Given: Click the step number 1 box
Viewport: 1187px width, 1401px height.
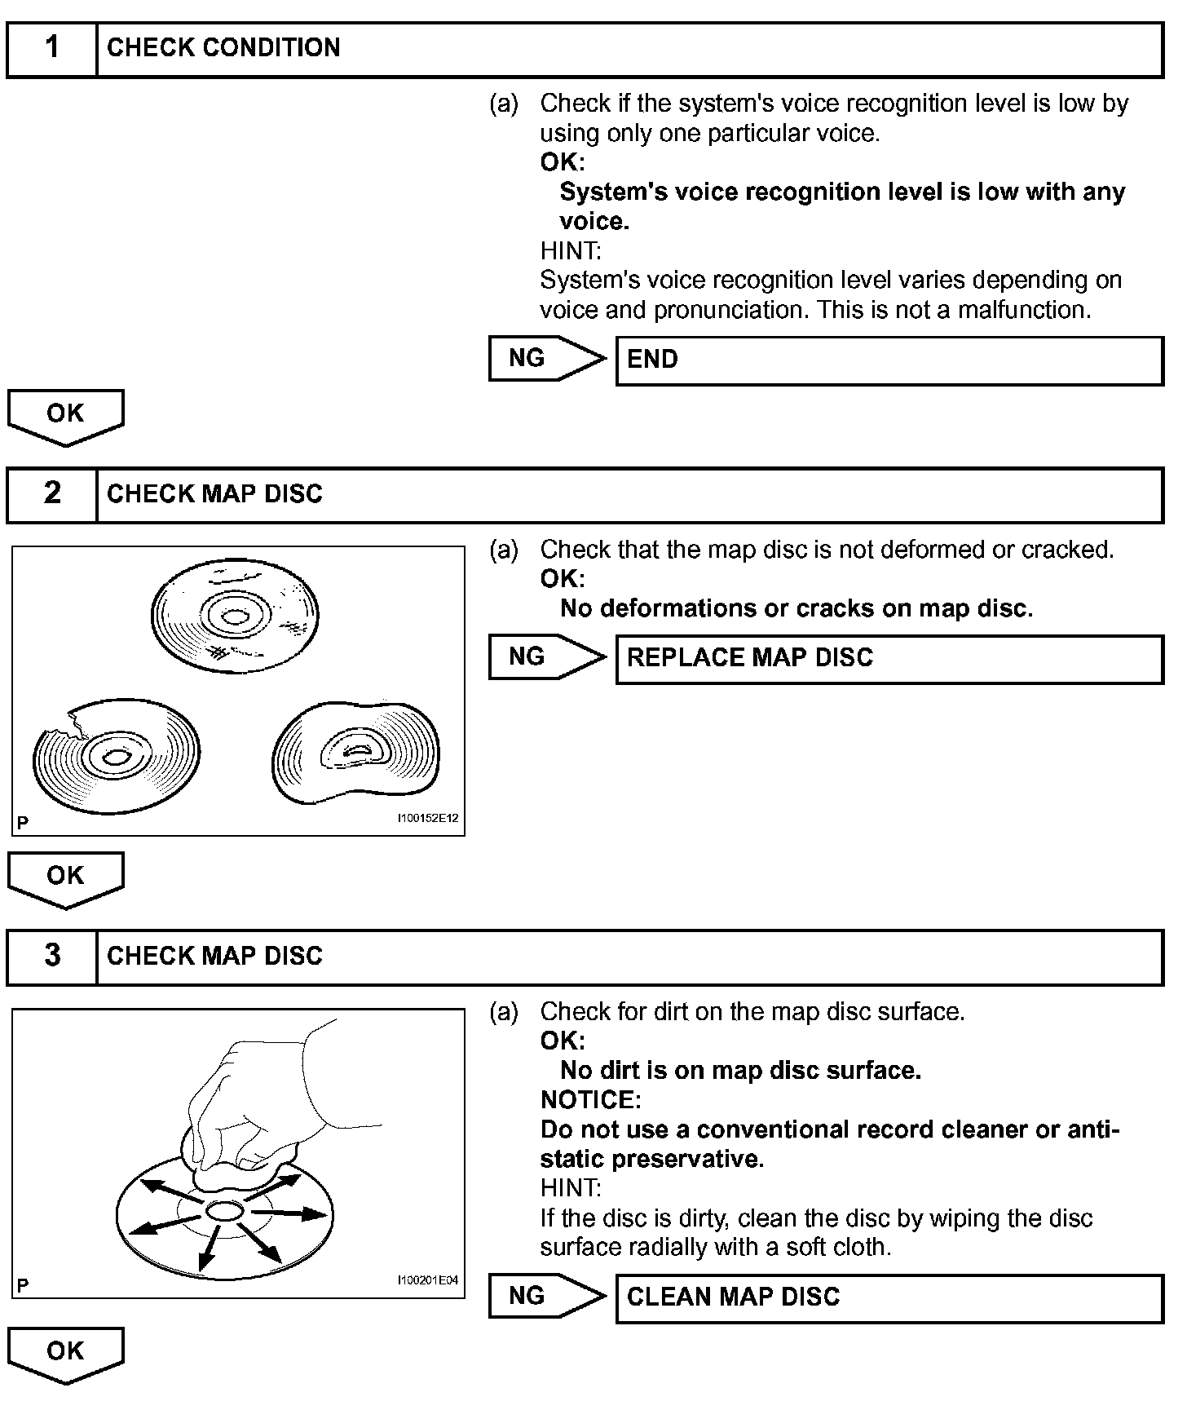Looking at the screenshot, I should [52, 49].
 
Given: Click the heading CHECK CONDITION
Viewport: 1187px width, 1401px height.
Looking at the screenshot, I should [223, 48].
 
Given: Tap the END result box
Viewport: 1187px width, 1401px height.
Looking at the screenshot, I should [889, 360].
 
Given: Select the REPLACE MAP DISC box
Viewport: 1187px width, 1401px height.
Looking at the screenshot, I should [889, 659].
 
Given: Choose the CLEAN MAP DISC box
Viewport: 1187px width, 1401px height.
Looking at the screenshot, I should [889, 1297].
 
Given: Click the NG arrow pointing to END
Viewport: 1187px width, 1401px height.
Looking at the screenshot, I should [546, 359].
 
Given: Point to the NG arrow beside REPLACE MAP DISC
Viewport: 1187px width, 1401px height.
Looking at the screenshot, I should [546, 657].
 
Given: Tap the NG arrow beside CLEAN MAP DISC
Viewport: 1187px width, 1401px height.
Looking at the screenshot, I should [546, 1296].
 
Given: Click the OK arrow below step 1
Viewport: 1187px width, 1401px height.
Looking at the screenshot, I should [65, 416].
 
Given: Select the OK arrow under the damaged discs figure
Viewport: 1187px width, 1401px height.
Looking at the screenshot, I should [65, 878].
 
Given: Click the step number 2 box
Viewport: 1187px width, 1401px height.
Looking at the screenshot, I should [52, 494].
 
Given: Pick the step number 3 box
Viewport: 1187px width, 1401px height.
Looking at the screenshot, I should [52, 957].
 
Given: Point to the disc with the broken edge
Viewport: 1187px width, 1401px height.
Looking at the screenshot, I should [116, 755].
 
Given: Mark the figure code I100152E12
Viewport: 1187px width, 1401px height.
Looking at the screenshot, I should [427, 819].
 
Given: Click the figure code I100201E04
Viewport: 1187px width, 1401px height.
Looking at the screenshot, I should [427, 1281].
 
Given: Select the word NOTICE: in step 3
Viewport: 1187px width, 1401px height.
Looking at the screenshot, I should [590, 1100].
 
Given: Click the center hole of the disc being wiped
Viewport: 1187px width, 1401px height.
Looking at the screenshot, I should [223, 1212].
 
